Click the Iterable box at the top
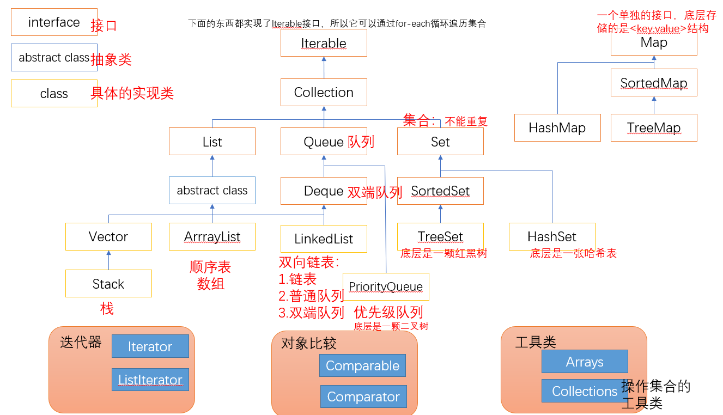(324, 43)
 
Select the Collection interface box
(324, 93)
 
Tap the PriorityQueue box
(386, 286)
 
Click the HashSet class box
(552, 236)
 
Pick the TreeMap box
(654, 128)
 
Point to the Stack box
(108, 284)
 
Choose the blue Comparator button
(363, 397)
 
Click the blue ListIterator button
(150, 380)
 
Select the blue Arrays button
(585, 362)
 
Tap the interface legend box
(54, 22)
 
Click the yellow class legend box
(54, 94)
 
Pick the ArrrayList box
(212, 237)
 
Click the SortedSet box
(440, 191)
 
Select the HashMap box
(557, 128)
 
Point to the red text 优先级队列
(388, 312)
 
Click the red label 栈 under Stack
(107, 309)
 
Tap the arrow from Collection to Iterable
(324, 68)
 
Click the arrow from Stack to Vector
(108, 260)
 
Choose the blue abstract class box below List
(212, 191)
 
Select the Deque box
(324, 191)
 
